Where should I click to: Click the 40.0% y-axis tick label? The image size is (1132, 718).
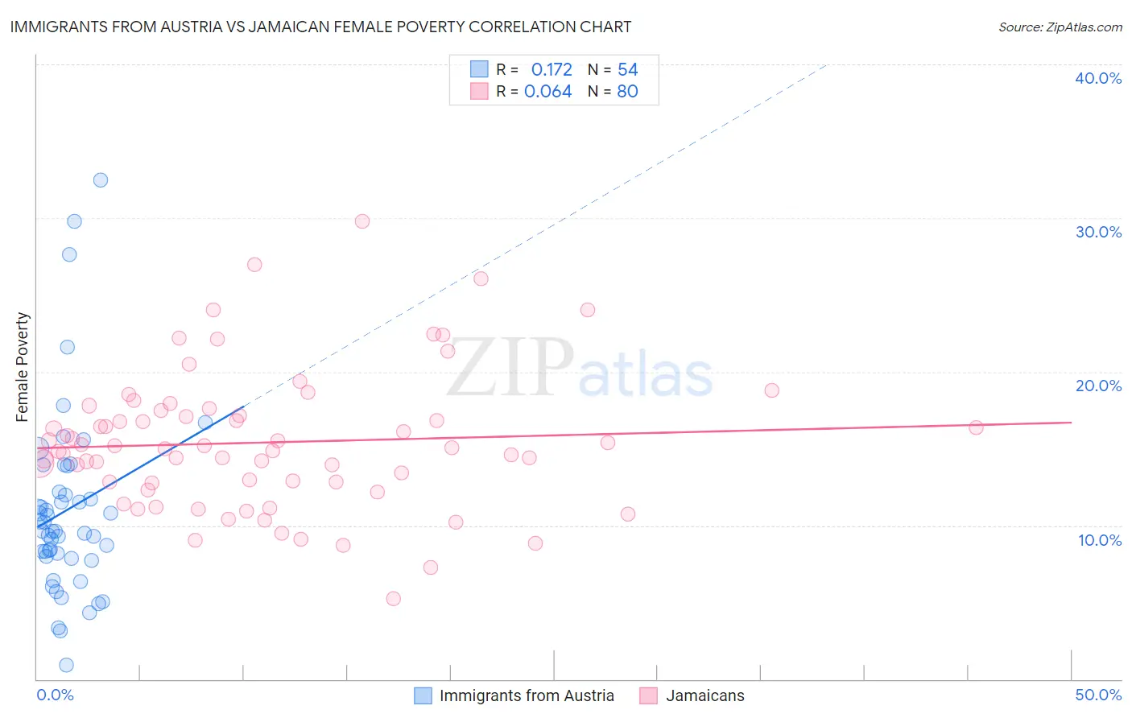(1098, 78)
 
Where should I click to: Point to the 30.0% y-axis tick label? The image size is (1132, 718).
(1098, 232)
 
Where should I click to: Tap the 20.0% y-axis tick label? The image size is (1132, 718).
(1098, 386)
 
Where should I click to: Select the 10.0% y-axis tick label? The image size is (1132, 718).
(1100, 540)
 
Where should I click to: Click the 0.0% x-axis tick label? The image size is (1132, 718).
(55, 695)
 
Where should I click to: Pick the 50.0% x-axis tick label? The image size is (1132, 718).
(1098, 695)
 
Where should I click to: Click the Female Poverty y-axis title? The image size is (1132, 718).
(23, 367)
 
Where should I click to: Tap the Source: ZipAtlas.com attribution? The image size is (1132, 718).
(1060, 27)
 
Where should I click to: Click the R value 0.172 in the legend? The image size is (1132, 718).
(552, 70)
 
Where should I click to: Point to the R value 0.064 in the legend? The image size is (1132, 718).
(547, 92)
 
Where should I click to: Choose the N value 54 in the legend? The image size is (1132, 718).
(627, 70)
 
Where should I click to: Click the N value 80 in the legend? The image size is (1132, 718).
(627, 92)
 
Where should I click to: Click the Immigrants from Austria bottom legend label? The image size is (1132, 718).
(527, 695)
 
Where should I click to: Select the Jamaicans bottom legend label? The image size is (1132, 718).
(704, 695)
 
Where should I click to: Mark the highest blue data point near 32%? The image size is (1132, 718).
(101, 180)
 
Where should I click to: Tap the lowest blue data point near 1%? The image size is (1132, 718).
(67, 665)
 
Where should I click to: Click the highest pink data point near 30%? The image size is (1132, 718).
(362, 221)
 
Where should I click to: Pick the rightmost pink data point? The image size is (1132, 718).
(976, 427)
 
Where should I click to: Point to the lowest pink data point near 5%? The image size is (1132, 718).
(393, 598)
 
